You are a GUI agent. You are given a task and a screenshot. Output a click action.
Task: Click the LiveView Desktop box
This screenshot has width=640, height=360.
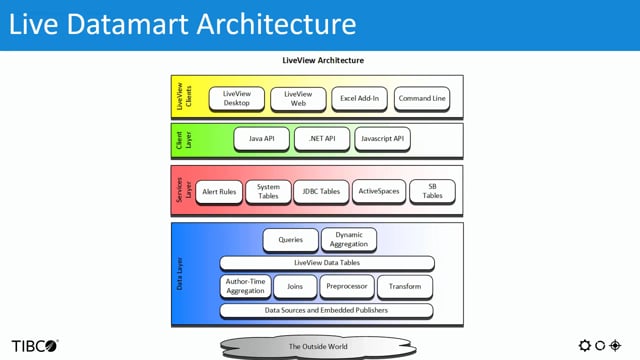pos(237,98)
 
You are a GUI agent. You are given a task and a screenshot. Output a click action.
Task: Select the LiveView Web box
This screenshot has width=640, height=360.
pos(299,98)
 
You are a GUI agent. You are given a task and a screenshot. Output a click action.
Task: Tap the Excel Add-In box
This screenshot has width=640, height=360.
pos(359,98)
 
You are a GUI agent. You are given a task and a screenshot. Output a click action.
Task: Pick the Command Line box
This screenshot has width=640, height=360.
pos(421,98)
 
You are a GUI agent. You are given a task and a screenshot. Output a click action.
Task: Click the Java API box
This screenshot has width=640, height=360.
pos(262,138)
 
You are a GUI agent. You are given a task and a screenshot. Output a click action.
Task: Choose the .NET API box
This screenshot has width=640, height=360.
pos(321,138)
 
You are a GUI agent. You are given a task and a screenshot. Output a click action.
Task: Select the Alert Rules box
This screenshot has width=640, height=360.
pos(217,191)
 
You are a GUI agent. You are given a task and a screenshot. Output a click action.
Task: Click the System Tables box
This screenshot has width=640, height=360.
pos(268,191)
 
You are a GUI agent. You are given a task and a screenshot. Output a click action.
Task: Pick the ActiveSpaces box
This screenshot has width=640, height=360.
pos(378,191)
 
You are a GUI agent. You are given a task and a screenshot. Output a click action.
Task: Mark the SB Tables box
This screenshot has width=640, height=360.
pos(432,191)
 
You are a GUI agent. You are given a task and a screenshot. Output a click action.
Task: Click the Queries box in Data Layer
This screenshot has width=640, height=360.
pos(290,240)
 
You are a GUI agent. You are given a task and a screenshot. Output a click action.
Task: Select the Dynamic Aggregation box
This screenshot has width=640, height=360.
pos(349,240)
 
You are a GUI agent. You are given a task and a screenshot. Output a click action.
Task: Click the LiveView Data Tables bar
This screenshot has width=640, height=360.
pos(327,263)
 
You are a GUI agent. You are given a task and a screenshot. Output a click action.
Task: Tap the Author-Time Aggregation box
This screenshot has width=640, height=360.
pos(244,286)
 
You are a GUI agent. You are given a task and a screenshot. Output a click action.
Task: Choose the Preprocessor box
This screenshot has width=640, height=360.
pos(348,286)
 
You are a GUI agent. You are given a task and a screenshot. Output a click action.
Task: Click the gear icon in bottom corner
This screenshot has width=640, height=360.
pos(585,345)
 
